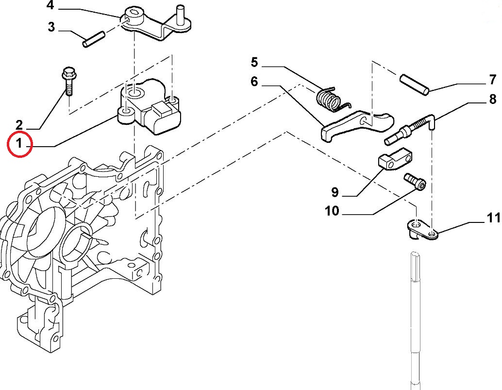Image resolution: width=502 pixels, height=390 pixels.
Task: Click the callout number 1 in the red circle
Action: point(19,143)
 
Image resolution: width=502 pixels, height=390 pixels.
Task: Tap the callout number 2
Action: point(19,125)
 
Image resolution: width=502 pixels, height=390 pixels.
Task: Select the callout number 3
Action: point(51,27)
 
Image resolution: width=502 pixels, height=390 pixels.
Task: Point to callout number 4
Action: point(50,5)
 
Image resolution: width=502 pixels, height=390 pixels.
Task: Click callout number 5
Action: point(254,62)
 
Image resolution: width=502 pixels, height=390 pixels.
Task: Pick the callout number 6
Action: point(254,82)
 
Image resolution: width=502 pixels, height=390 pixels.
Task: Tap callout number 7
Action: point(493,80)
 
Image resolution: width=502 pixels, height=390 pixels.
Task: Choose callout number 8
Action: point(493,99)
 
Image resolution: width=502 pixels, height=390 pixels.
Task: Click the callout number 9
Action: point(335,192)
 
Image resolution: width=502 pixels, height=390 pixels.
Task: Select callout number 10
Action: point(332,211)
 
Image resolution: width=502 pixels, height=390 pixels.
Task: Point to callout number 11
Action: point(493,218)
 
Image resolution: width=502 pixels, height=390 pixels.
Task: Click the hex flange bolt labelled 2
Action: point(68,81)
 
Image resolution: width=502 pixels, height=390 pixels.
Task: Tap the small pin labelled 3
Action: point(94,39)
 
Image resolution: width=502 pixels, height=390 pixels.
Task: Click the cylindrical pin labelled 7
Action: point(414,85)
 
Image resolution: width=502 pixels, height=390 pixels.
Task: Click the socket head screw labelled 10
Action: point(415,182)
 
